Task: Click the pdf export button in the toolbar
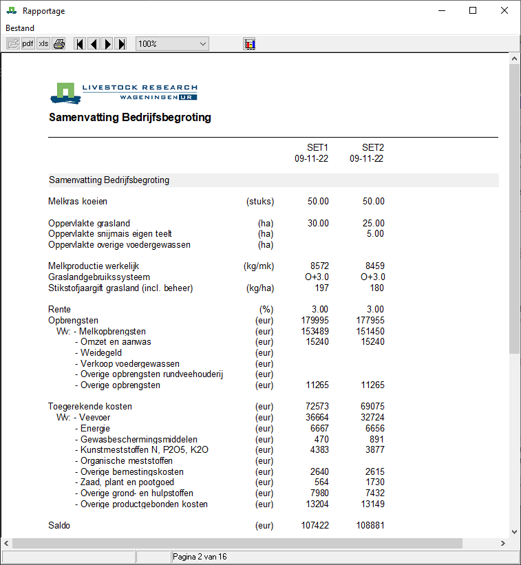click(28, 44)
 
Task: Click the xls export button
click(43, 44)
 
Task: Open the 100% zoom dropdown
click(172, 44)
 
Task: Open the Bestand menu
click(20, 28)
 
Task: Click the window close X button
click(504, 10)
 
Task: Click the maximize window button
click(473, 10)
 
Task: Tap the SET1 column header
click(317, 148)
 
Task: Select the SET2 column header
click(373, 148)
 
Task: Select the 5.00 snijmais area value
click(375, 234)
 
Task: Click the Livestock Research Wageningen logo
click(124, 92)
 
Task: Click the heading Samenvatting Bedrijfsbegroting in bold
click(130, 118)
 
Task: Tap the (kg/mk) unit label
click(259, 266)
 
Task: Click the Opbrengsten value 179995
click(315, 321)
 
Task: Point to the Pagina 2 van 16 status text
click(200, 557)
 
